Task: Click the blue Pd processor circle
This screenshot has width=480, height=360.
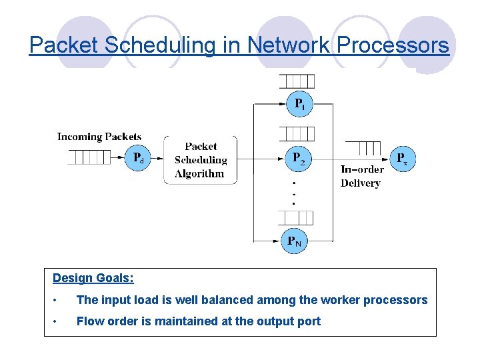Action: click(137, 158)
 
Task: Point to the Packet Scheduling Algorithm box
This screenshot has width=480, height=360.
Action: click(201, 160)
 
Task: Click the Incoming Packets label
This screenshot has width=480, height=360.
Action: click(99, 137)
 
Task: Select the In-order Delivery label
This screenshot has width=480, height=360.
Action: click(361, 176)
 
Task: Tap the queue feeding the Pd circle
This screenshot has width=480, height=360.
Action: click(89, 158)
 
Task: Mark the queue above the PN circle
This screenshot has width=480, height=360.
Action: click(296, 217)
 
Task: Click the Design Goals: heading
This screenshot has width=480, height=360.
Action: click(93, 278)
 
